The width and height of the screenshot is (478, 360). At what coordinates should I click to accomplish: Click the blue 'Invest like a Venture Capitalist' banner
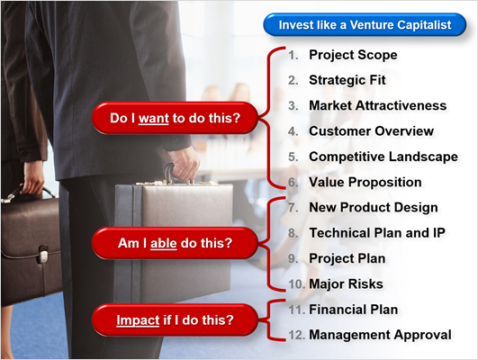(365, 24)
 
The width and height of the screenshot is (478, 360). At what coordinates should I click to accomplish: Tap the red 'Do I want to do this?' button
(175, 118)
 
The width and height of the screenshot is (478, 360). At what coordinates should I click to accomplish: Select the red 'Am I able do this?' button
(175, 243)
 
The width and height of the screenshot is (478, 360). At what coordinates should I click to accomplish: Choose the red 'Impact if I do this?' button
(175, 320)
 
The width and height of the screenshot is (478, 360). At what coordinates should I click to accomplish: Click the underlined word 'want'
(154, 118)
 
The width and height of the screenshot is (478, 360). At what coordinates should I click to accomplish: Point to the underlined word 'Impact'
(138, 320)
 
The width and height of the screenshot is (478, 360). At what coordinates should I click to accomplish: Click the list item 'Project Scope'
(353, 55)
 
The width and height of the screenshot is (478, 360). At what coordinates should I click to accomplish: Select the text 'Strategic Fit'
(347, 80)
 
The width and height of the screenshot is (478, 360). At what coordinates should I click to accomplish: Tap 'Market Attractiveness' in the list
(378, 106)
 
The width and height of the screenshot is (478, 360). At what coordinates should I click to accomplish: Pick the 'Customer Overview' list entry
(371, 131)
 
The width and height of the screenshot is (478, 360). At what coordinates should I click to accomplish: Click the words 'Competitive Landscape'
(383, 157)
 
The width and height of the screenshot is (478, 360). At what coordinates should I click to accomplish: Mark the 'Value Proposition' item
(365, 183)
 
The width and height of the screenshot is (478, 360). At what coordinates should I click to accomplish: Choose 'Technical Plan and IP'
(377, 233)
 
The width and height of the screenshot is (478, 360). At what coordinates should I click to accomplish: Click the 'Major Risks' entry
(346, 284)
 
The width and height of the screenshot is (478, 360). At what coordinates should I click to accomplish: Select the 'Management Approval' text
(380, 335)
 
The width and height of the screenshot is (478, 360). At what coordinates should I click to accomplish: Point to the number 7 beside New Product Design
(293, 208)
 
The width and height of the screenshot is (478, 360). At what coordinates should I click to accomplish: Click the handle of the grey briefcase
(169, 173)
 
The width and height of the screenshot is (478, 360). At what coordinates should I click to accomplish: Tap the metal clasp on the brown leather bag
(42, 254)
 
